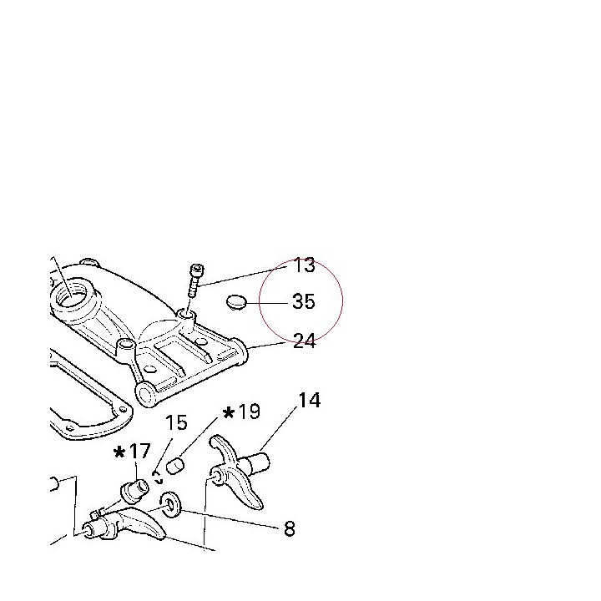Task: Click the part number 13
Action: [x=304, y=265]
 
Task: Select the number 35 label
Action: [x=304, y=301]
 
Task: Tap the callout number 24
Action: [x=305, y=341]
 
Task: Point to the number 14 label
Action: [x=310, y=400]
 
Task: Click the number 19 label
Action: [x=249, y=412]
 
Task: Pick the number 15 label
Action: [x=176, y=422]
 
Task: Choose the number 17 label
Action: [x=139, y=452]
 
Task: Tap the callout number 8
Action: [x=290, y=528]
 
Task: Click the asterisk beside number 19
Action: [x=229, y=413]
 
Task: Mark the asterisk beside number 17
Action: [x=119, y=452]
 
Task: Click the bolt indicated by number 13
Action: [x=196, y=280]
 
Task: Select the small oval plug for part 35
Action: [x=235, y=301]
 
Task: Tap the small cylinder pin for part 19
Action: [x=175, y=466]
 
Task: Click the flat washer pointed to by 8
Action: [x=170, y=504]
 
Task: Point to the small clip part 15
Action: [x=158, y=477]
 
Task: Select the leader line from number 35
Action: [x=267, y=303]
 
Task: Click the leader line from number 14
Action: [x=278, y=428]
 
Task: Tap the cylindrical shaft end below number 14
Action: [x=260, y=462]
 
